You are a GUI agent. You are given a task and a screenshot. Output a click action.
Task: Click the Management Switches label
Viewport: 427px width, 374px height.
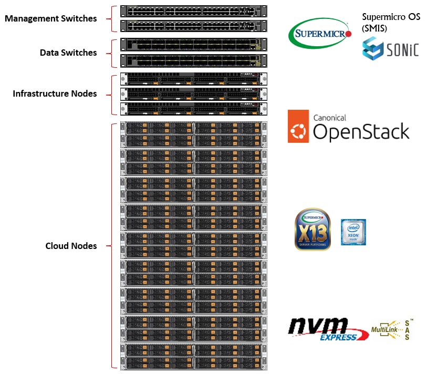(50, 18)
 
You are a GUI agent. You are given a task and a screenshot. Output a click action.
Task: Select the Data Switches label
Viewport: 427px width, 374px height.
(68, 53)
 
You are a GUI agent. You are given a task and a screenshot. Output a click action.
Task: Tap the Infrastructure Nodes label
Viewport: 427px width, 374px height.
(55, 94)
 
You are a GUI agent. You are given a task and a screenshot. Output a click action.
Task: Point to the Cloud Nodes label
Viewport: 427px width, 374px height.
(71, 246)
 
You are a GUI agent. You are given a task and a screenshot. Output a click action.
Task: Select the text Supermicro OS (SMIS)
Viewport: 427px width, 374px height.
(391, 23)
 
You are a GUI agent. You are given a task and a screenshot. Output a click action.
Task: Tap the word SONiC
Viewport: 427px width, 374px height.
(403, 50)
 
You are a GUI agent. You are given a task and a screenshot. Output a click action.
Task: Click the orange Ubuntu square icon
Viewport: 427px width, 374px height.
(298, 127)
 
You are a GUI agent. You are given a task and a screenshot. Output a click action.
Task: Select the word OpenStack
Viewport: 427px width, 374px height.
(361, 132)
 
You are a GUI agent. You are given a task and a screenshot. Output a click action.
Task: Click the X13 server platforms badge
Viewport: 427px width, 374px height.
(313, 230)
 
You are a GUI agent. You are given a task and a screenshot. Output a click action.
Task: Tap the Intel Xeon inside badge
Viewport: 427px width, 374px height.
(353, 232)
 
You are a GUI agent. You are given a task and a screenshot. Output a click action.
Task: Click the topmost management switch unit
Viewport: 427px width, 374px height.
(193, 11)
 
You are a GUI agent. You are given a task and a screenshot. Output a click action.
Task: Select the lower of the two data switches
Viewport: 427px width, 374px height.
(193, 60)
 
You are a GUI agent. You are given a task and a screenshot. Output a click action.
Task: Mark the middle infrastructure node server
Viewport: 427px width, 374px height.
(193, 94)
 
